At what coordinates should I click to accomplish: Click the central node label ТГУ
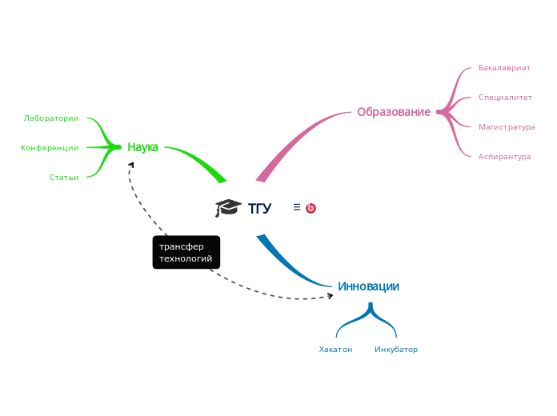coord(259,209)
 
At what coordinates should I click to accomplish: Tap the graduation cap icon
coord(228,208)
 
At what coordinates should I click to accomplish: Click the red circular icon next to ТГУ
coord(311,208)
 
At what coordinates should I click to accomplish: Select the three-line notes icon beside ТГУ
coord(297,207)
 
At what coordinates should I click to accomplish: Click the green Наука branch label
coord(142,147)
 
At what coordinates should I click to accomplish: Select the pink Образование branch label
coord(393,112)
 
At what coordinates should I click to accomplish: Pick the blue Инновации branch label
coord(368,286)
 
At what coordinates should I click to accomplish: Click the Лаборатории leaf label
coord(51,118)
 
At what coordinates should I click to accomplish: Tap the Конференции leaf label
coord(50,148)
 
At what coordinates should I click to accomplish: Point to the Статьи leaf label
coord(64,178)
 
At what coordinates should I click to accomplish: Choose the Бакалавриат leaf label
coord(504,68)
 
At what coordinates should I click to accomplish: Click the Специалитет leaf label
coord(505,98)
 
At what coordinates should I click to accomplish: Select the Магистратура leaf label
coord(507,127)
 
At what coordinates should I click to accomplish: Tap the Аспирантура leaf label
coord(504,157)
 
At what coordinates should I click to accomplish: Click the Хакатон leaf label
coord(335,350)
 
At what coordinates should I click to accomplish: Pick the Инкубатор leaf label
coord(396,350)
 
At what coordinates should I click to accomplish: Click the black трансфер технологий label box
coord(186,253)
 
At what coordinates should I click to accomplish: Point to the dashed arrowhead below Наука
coord(131,164)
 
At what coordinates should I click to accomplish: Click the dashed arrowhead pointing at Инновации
coord(329,296)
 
